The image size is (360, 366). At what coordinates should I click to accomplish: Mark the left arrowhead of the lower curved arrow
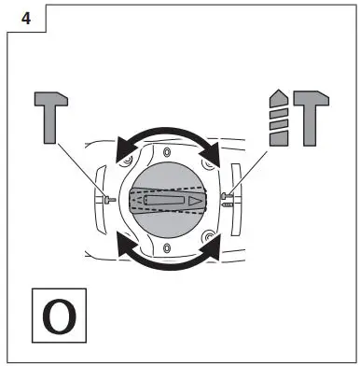[x=118, y=245]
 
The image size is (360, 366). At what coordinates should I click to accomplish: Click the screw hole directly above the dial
[x=165, y=151]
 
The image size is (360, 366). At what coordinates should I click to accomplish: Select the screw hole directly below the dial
[x=165, y=247]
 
